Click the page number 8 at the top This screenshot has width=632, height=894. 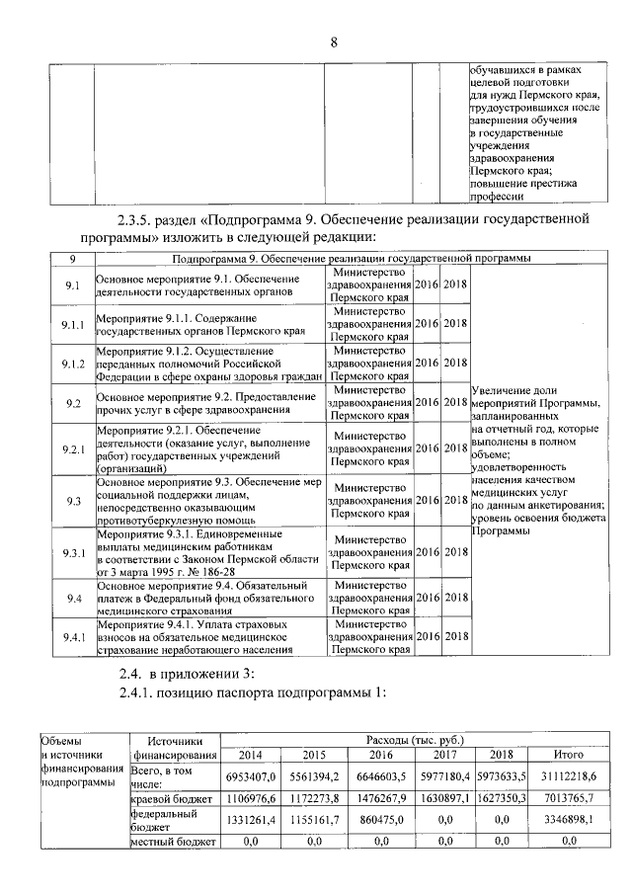coord(334,41)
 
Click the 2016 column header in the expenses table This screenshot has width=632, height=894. coord(381,756)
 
